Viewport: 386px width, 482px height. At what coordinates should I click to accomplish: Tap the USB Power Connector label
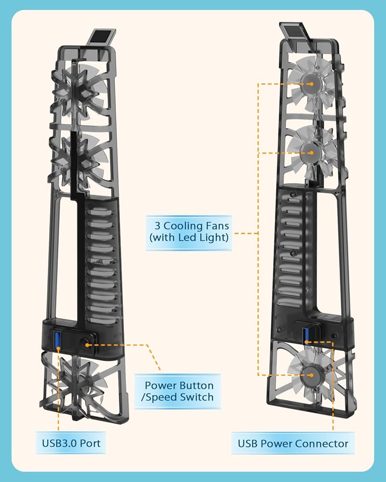point(293,443)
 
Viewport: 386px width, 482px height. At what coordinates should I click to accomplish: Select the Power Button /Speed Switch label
point(179,391)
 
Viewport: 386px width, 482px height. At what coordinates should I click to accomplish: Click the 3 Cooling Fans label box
point(189,231)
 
